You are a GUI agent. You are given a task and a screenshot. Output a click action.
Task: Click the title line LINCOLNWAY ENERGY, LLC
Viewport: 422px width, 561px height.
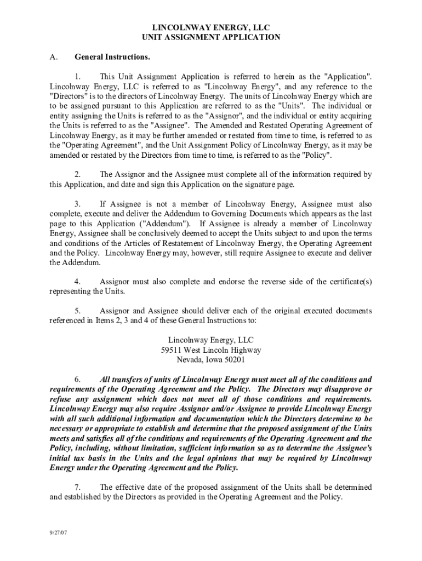click(x=211, y=27)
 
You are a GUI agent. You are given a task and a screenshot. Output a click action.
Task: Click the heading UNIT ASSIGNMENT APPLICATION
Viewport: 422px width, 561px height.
click(x=211, y=37)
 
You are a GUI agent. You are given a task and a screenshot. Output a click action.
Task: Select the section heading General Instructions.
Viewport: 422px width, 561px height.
click(x=112, y=56)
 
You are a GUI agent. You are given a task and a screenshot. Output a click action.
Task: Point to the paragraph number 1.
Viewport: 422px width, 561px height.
click(x=78, y=76)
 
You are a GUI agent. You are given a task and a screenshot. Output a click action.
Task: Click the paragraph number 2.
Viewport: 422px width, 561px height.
click(x=78, y=174)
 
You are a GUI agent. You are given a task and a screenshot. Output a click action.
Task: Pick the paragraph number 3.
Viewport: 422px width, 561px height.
click(x=78, y=204)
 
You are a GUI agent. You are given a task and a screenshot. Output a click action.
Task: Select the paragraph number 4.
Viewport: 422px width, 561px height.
click(x=78, y=282)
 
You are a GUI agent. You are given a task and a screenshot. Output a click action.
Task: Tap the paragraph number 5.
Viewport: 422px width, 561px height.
click(x=78, y=311)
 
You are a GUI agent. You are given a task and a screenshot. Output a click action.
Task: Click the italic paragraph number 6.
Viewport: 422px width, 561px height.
click(x=78, y=379)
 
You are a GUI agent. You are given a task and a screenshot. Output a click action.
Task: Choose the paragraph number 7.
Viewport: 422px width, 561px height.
click(x=78, y=487)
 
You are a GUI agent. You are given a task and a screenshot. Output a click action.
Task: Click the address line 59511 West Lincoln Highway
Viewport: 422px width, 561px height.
click(x=211, y=350)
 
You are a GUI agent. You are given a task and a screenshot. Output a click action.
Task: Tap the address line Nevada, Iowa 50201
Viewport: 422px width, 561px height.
click(x=211, y=360)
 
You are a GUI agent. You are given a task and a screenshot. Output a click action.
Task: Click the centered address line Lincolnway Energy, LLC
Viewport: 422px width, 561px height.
click(x=211, y=340)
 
